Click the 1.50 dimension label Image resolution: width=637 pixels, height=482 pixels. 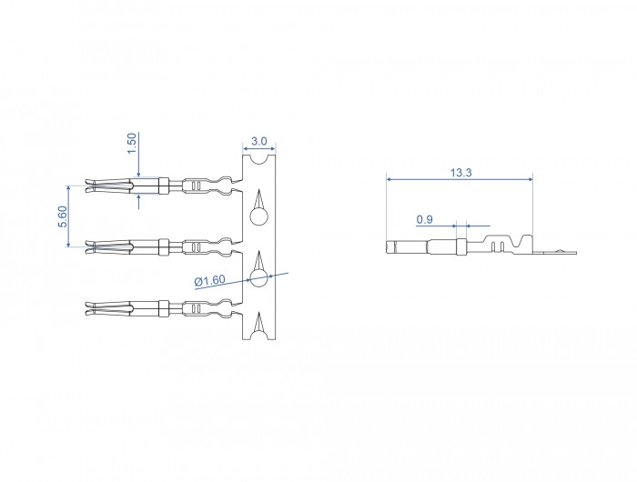(x=132, y=144)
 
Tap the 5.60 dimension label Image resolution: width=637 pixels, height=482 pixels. (x=62, y=216)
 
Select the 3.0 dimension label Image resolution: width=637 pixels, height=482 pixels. (x=258, y=141)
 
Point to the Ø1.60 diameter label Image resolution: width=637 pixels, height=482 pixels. (x=209, y=281)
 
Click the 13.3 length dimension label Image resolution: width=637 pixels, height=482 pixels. (x=460, y=173)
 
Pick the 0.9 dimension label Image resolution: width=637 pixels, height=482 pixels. (x=425, y=220)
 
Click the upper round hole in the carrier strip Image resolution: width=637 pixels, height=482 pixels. (x=258, y=216)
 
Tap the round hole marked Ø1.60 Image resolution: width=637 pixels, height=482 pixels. (x=258, y=278)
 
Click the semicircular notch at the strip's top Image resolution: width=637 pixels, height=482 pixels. (x=258, y=159)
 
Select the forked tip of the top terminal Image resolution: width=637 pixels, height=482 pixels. (x=91, y=186)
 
